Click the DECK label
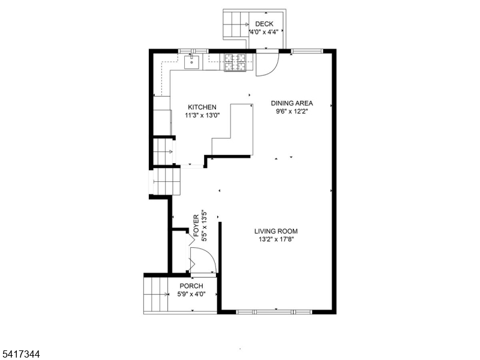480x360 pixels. pyautogui.click(x=264, y=24)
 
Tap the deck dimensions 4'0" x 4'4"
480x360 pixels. pyautogui.click(x=264, y=32)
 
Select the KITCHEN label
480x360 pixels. pyautogui.click(x=202, y=107)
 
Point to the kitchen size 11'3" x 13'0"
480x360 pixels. pyautogui.click(x=202, y=115)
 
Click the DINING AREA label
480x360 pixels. pyautogui.click(x=292, y=103)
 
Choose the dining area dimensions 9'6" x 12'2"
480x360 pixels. pyautogui.click(x=292, y=112)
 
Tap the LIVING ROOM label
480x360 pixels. pyautogui.click(x=276, y=232)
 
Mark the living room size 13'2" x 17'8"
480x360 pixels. pyautogui.click(x=276, y=239)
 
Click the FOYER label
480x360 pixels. pyautogui.click(x=196, y=226)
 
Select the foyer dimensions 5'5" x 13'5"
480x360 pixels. pyautogui.click(x=204, y=226)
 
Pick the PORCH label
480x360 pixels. pyautogui.click(x=191, y=286)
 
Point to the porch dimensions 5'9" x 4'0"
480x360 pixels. pyautogui.click(x=191, y=294)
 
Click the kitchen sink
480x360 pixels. pyautogui.click(x=191, y=62)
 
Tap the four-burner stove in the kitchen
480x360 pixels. pyautogui.click(x=235, y=63)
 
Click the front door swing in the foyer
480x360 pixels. pyautogui.click(x=203, y=260)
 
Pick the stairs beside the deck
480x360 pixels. pyautogui.click(x=236, y=25)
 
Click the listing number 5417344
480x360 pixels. pyautogui.click(x=20, y=355)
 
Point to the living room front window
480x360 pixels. pyautogui.click(x=274, y=312)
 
